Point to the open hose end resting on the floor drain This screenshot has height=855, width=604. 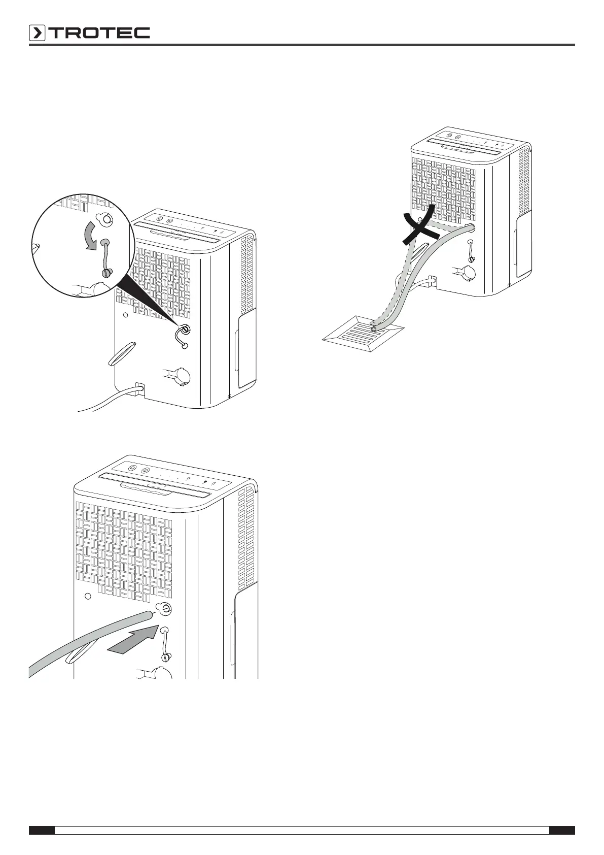(x=374, y=328)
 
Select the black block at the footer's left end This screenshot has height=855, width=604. (x=41, y=830)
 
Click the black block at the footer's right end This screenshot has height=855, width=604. (x=562, y=830)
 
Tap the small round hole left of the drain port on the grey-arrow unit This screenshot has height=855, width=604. (x=87, y=595)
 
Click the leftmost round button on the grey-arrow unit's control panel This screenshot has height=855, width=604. (x=131, y=468)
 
